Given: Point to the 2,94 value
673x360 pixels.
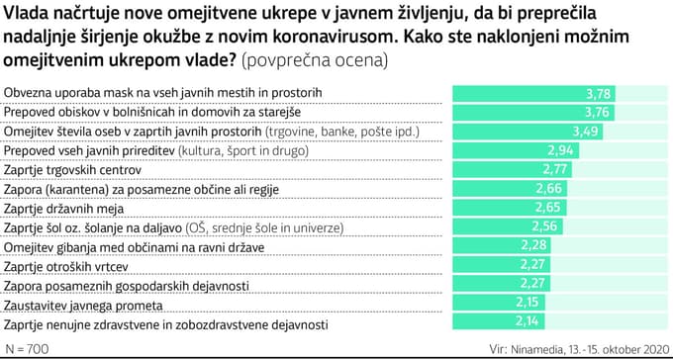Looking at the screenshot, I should click(x=561, y=151).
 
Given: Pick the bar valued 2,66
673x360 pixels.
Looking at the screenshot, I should click(x=499, y=188).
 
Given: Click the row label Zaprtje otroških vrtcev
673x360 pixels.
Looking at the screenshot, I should click(x=66, y=266).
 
